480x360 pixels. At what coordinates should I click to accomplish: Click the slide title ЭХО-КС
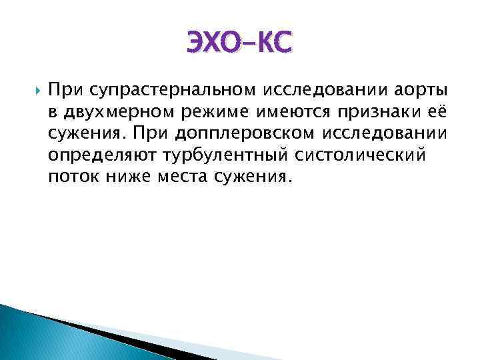(x=239, y=45)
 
